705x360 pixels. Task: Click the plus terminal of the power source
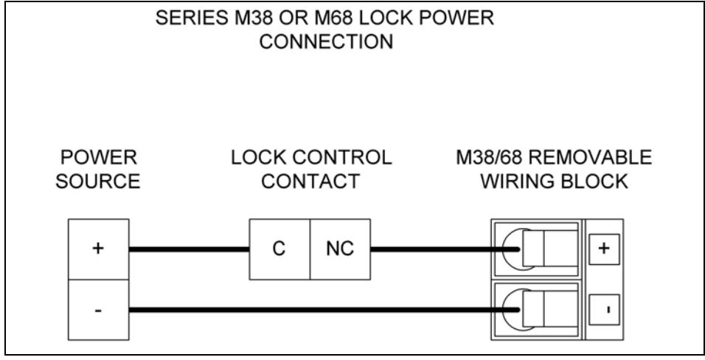(99, 249)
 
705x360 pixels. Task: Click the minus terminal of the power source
(99, 310)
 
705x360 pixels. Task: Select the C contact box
(279, 249)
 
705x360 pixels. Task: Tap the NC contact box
(341, 249)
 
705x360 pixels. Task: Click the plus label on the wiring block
(604, 249)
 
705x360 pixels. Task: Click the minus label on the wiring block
(604, 310)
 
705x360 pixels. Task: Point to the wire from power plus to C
(190, 249)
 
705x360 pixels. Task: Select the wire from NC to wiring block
(445, 249)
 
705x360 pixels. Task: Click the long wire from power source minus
(324, 310)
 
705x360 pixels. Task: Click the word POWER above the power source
(99, 158)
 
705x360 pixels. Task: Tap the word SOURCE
(98, 181)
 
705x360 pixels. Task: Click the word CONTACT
(310, 181)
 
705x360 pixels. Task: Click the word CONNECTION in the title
(327, 42)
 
